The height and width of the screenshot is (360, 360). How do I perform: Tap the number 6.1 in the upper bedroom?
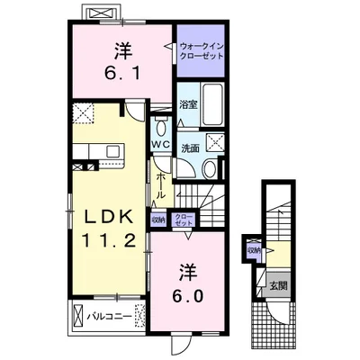(122, 73)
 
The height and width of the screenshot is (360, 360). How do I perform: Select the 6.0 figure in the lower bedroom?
(188, 296)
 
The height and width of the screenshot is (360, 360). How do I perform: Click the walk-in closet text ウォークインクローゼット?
(202, 50)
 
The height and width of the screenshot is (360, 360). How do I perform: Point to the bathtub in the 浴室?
(212, 104)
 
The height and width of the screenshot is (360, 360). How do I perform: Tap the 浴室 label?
(188, 104)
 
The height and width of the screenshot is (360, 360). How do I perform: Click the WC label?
(160, 144)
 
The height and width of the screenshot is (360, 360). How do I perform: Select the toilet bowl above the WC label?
(161, 129)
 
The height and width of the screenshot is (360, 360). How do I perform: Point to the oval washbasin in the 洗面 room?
(211, 169)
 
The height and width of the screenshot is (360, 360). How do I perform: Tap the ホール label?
(161, 185)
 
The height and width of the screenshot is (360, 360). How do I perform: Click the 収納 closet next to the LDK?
(158, 219)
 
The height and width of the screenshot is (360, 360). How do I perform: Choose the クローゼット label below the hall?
(184, 220)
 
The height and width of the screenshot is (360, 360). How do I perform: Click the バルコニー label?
(110, 317)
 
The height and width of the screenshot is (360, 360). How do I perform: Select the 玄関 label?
(278, 285)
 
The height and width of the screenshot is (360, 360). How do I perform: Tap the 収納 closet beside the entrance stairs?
(254, 250)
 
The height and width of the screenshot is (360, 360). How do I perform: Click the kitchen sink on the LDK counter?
(113, 149)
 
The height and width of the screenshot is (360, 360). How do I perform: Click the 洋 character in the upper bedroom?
(123, 51)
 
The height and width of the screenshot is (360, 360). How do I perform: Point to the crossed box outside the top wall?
(100, 13)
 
